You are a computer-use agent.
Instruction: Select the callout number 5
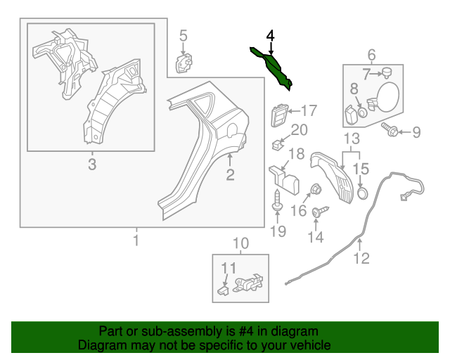click(x=184, y=36)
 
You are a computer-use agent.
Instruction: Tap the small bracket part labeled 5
click(x=184, y=63)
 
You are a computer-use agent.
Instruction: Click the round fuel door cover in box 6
click(x=387, y=96)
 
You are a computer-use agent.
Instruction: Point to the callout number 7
click(x=366, y=74)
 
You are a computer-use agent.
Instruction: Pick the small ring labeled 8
click(x=363, y=112)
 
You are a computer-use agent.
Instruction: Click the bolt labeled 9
click(x=390, y=129)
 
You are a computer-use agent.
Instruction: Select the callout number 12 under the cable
click(x=361, y=258)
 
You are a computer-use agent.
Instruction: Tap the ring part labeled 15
click(x=363, y=193)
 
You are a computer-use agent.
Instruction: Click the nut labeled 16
click(x=316, y=189)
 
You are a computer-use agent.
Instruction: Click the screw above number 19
click(x=278, y=201)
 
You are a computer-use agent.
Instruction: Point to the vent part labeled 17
click(x=279, y=115)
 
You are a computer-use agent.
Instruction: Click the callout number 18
click(x=297, y=154)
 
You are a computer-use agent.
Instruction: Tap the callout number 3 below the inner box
click(x=92, y=165)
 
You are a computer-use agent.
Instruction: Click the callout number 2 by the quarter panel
click(x=230, y=174)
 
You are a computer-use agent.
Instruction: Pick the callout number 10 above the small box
click(x=240, y=243)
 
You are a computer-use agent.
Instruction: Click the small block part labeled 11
click(x=223, y=290)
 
